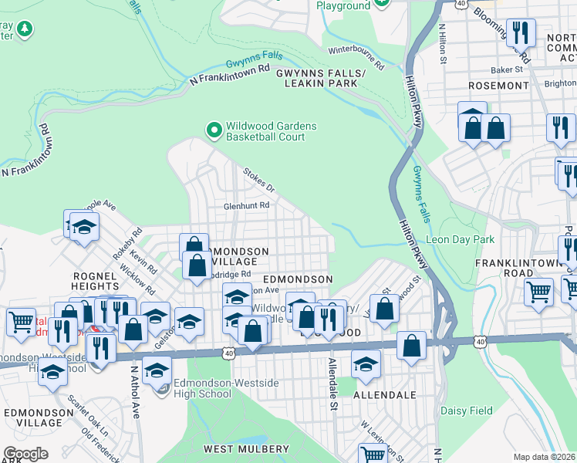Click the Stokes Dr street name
pos(258,180)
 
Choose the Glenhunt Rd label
pos(246,206)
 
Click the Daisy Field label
pos(466,411)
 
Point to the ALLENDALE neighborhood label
pos(384,394)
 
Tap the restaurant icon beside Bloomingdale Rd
pos(521,32)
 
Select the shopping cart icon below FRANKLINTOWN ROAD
pos(538,292)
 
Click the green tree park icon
pos(24,29)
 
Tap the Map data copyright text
pos(545,457)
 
